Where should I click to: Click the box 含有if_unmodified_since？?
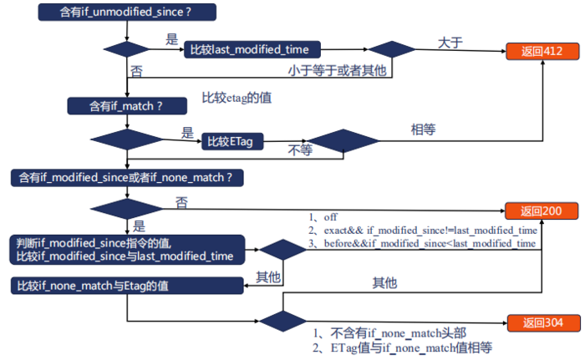(x=128, y=13)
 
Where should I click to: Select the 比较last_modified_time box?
(x=252, y=50)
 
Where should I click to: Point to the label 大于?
(x=450, y=39)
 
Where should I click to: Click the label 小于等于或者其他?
(x=338, y=69)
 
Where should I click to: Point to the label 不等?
(x=300, y=151)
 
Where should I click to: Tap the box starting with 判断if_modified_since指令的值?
(x=125, y=249)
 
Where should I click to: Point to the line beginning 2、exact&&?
(x=422, y=230)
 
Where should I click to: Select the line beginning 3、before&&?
(x=422, y=243)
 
